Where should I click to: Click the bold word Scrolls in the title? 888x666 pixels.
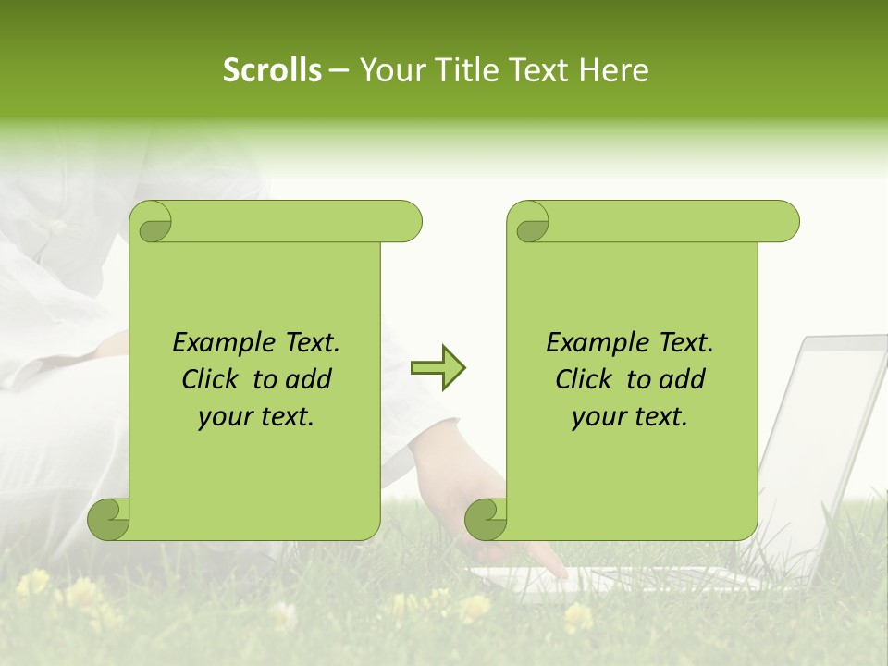pos(273,70)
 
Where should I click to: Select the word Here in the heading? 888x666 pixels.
pos(613,70)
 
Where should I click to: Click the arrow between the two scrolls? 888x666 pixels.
pos(438,368)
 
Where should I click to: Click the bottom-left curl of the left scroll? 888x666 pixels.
pos(108,519)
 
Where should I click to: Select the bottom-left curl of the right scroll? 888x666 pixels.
pos(486,519)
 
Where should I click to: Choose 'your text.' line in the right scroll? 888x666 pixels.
pos(630,417)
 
